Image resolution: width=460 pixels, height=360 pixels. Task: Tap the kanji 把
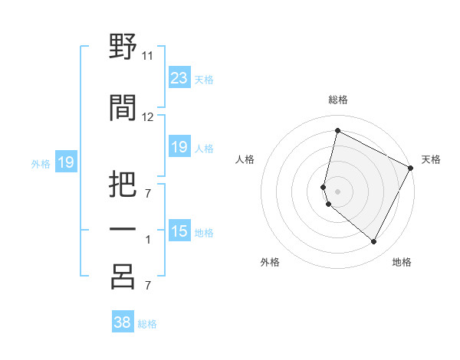pyautogui.click(x=123, y=183)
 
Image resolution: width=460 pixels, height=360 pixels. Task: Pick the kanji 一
pyautogui.click(x=123, y=231)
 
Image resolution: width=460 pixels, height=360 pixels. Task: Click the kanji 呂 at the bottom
pyautogui.click(x=123, y=277)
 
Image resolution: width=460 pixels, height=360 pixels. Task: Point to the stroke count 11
pyautogui.click(x=148, y=56)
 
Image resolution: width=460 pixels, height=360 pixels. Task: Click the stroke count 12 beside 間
pyautogui.click(x=148, y=117)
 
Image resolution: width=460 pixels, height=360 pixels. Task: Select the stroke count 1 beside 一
pyautogui.click(x=148, y=240)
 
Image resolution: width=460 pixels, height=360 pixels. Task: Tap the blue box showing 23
pyautogui.click(x=179, y=78)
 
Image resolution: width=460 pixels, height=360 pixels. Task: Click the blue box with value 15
pyautogui.click(x=179, y=231)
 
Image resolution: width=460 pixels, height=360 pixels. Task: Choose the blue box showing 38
pyautogui.click(x=123, y=322)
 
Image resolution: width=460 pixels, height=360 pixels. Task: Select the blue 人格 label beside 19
pyautogui.click(x=204, y=148)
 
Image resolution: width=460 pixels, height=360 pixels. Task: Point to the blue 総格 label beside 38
pyautogui.click(x=147, y=324)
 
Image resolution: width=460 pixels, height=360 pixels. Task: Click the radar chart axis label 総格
pyautogui.click(x=338, y=100)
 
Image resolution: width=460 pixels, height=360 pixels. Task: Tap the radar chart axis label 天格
pyautogui.click(x=431, y=159)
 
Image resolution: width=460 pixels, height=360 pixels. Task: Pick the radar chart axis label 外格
pyautogui.click(x=270, y=262)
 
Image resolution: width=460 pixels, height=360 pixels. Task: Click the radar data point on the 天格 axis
pyautogui.click(x=411, y=168)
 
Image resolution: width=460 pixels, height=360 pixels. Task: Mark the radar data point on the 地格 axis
pyautogui.click(x=374, y=242)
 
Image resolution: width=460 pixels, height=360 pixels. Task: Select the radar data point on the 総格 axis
pyautogui.click(x=337, y=130)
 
